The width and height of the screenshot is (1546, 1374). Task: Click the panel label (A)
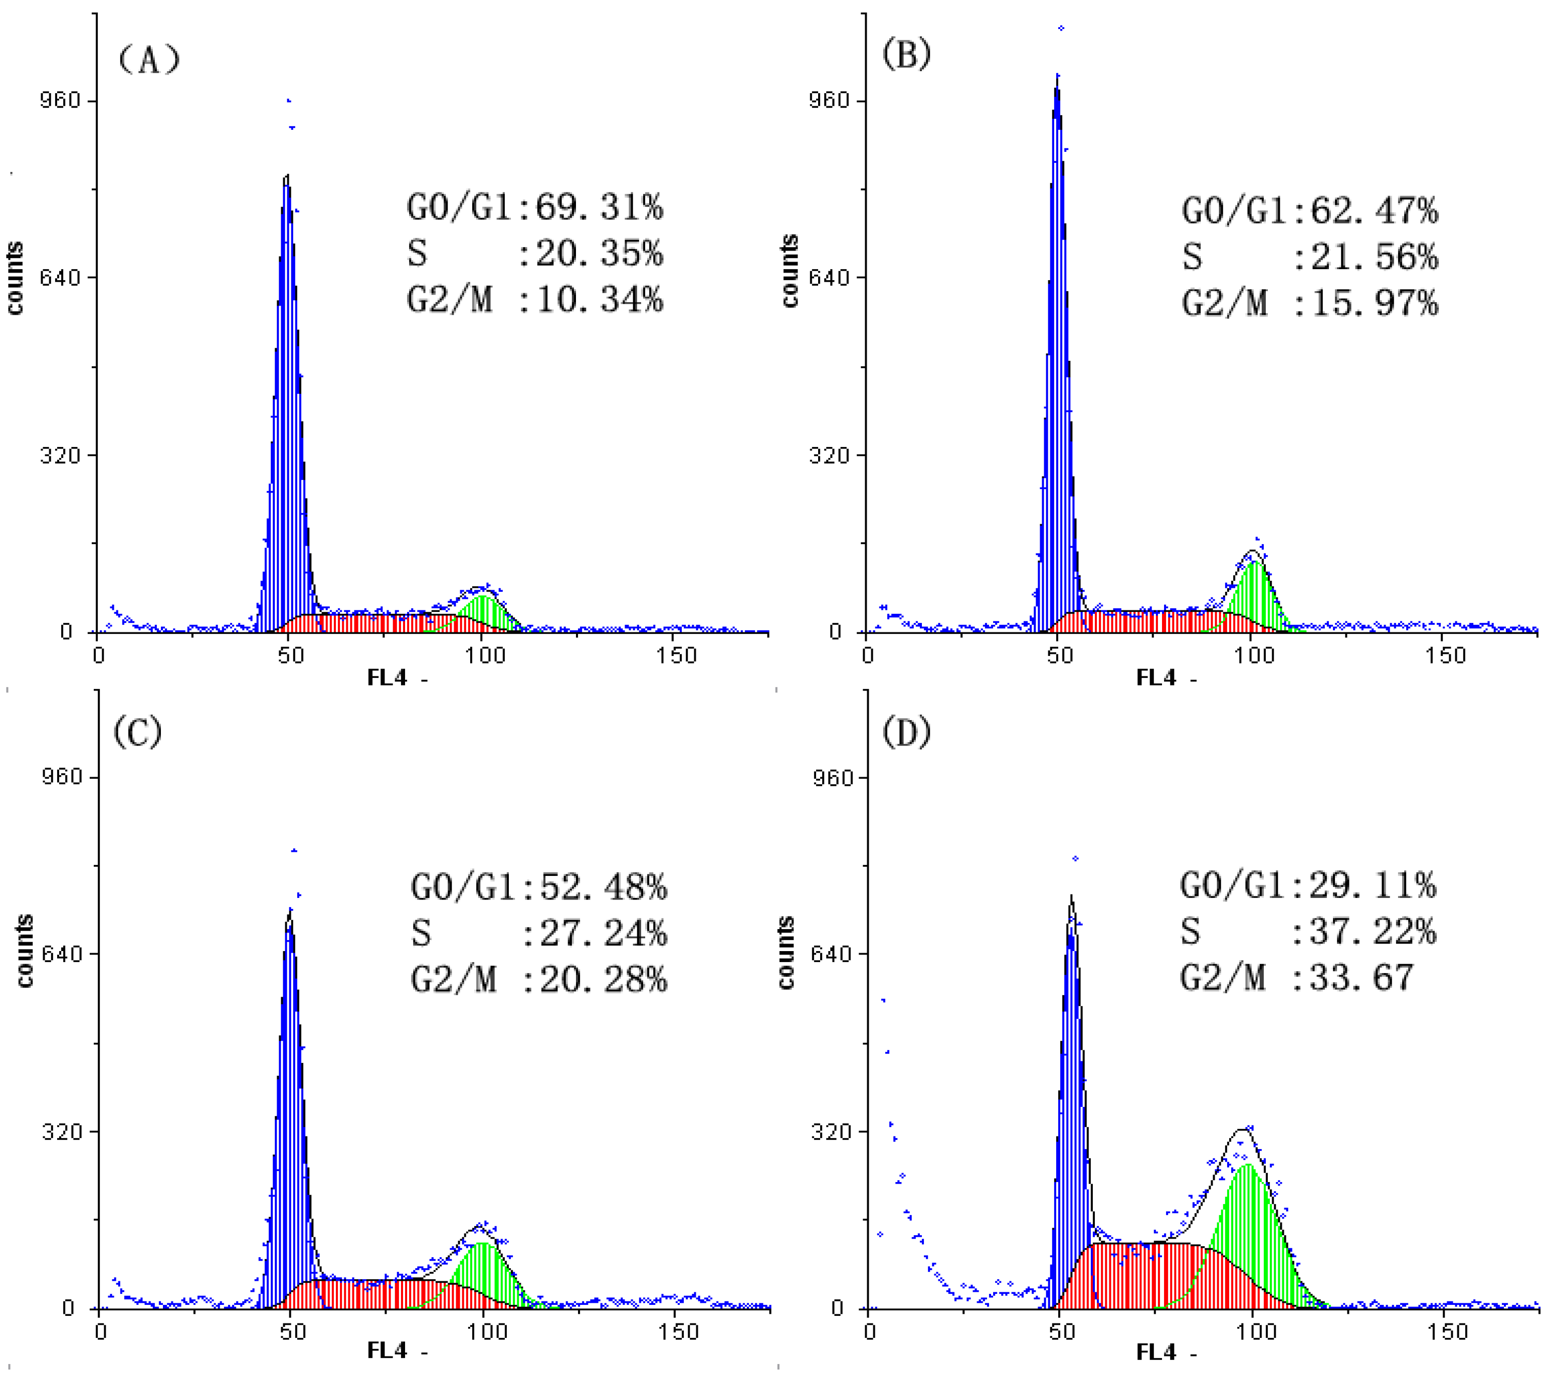[149, 59]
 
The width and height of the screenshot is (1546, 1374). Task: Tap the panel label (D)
[906, 732]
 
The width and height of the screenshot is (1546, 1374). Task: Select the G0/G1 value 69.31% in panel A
[599, 207]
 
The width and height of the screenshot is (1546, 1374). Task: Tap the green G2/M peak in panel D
[1247, 1225]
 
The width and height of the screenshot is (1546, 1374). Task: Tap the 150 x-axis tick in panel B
[1445, 655]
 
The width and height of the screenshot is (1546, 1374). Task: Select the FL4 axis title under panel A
[388, 677]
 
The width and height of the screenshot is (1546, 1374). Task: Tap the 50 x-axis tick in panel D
[1061, 1331]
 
